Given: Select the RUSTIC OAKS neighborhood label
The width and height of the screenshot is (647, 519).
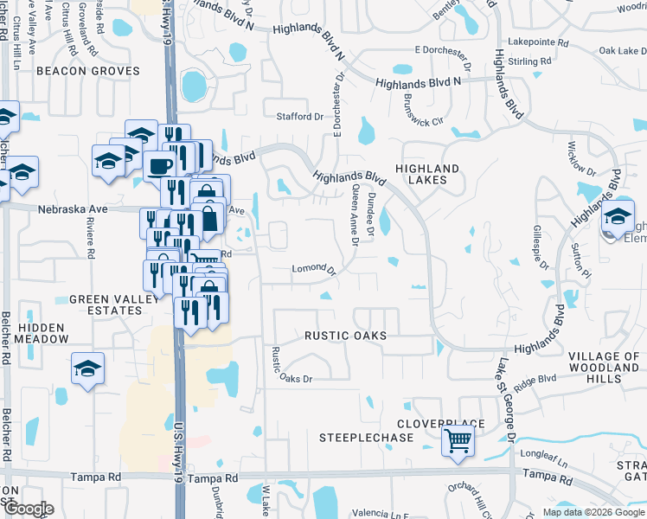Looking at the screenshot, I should click(x=344, y=335).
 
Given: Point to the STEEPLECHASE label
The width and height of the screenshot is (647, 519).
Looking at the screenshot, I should click(x=367, y=439).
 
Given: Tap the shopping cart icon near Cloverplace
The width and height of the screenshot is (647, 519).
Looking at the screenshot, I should click(x=458, y=441).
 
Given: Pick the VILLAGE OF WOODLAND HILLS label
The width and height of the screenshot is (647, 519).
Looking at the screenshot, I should click(x=605, y=368).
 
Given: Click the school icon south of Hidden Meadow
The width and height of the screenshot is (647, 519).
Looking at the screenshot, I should click(x=87, y=370).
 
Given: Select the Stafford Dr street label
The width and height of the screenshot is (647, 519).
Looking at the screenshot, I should click(x=298, y=117).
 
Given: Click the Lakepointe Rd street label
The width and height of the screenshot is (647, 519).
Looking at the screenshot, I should click(x=538, y=42).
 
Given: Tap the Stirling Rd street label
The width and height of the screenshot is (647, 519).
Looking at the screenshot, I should click(x=531, y=62).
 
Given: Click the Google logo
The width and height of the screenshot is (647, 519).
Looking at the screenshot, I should click(x=29, y=509).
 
